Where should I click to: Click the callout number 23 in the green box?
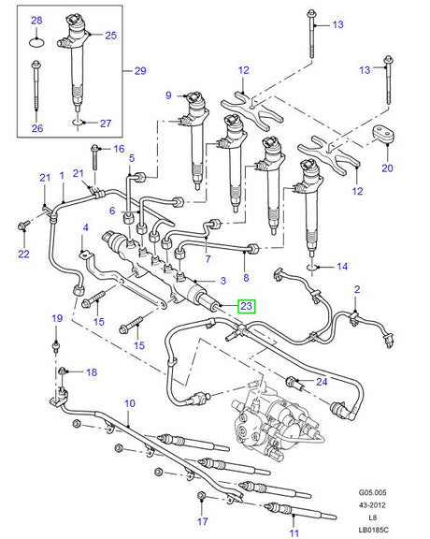247,305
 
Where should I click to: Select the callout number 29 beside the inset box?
141,71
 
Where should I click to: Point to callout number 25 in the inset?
110,35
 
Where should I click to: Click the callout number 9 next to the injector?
169,95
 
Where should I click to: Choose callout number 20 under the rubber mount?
386,169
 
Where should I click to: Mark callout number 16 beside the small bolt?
119,149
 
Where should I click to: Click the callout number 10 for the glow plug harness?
129,404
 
